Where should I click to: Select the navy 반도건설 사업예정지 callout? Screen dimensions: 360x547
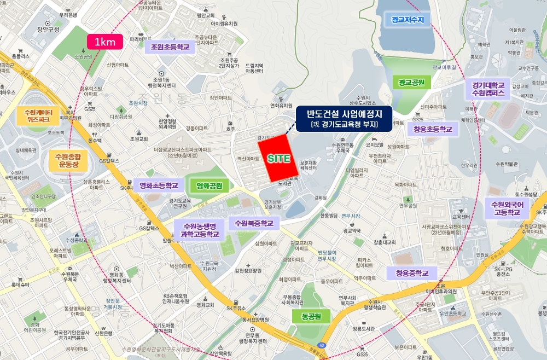[343, 119]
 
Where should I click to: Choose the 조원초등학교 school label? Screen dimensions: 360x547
[170, 47]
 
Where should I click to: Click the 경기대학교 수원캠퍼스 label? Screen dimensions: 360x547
[487, 90]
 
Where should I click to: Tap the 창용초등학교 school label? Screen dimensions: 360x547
[429, 130]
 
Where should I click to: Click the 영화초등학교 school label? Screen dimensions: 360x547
[159, 185]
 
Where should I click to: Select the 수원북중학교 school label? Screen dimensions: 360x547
[256, 223]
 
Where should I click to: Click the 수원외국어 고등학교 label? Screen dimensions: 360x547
[507, 208]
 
